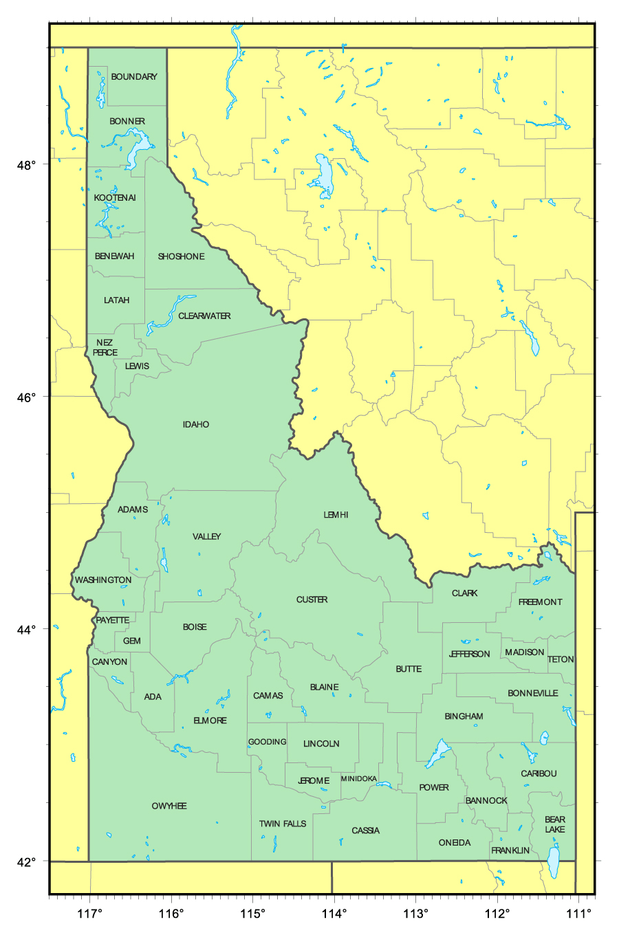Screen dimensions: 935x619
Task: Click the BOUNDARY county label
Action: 134,77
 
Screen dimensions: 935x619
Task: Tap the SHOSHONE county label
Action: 181,256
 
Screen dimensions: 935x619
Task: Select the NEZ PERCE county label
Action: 105,347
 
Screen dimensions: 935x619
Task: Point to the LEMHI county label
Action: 336,515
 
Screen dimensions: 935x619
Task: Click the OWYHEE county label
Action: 169,806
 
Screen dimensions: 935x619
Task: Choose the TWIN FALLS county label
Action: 283,824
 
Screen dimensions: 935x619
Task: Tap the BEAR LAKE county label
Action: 555,824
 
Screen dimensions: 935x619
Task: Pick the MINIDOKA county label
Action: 359,779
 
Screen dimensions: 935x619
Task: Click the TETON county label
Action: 561,659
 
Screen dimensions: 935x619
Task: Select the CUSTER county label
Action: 312,599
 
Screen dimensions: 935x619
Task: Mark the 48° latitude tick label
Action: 27,165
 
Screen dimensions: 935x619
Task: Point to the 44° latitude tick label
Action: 27,629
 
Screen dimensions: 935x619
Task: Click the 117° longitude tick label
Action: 89,914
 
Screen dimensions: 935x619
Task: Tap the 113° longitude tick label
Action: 415,914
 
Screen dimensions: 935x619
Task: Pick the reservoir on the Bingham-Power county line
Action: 437,754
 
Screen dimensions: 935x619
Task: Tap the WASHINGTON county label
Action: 103,580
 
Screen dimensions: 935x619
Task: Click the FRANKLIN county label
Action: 510,850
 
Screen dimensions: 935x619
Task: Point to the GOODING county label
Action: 267,742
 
